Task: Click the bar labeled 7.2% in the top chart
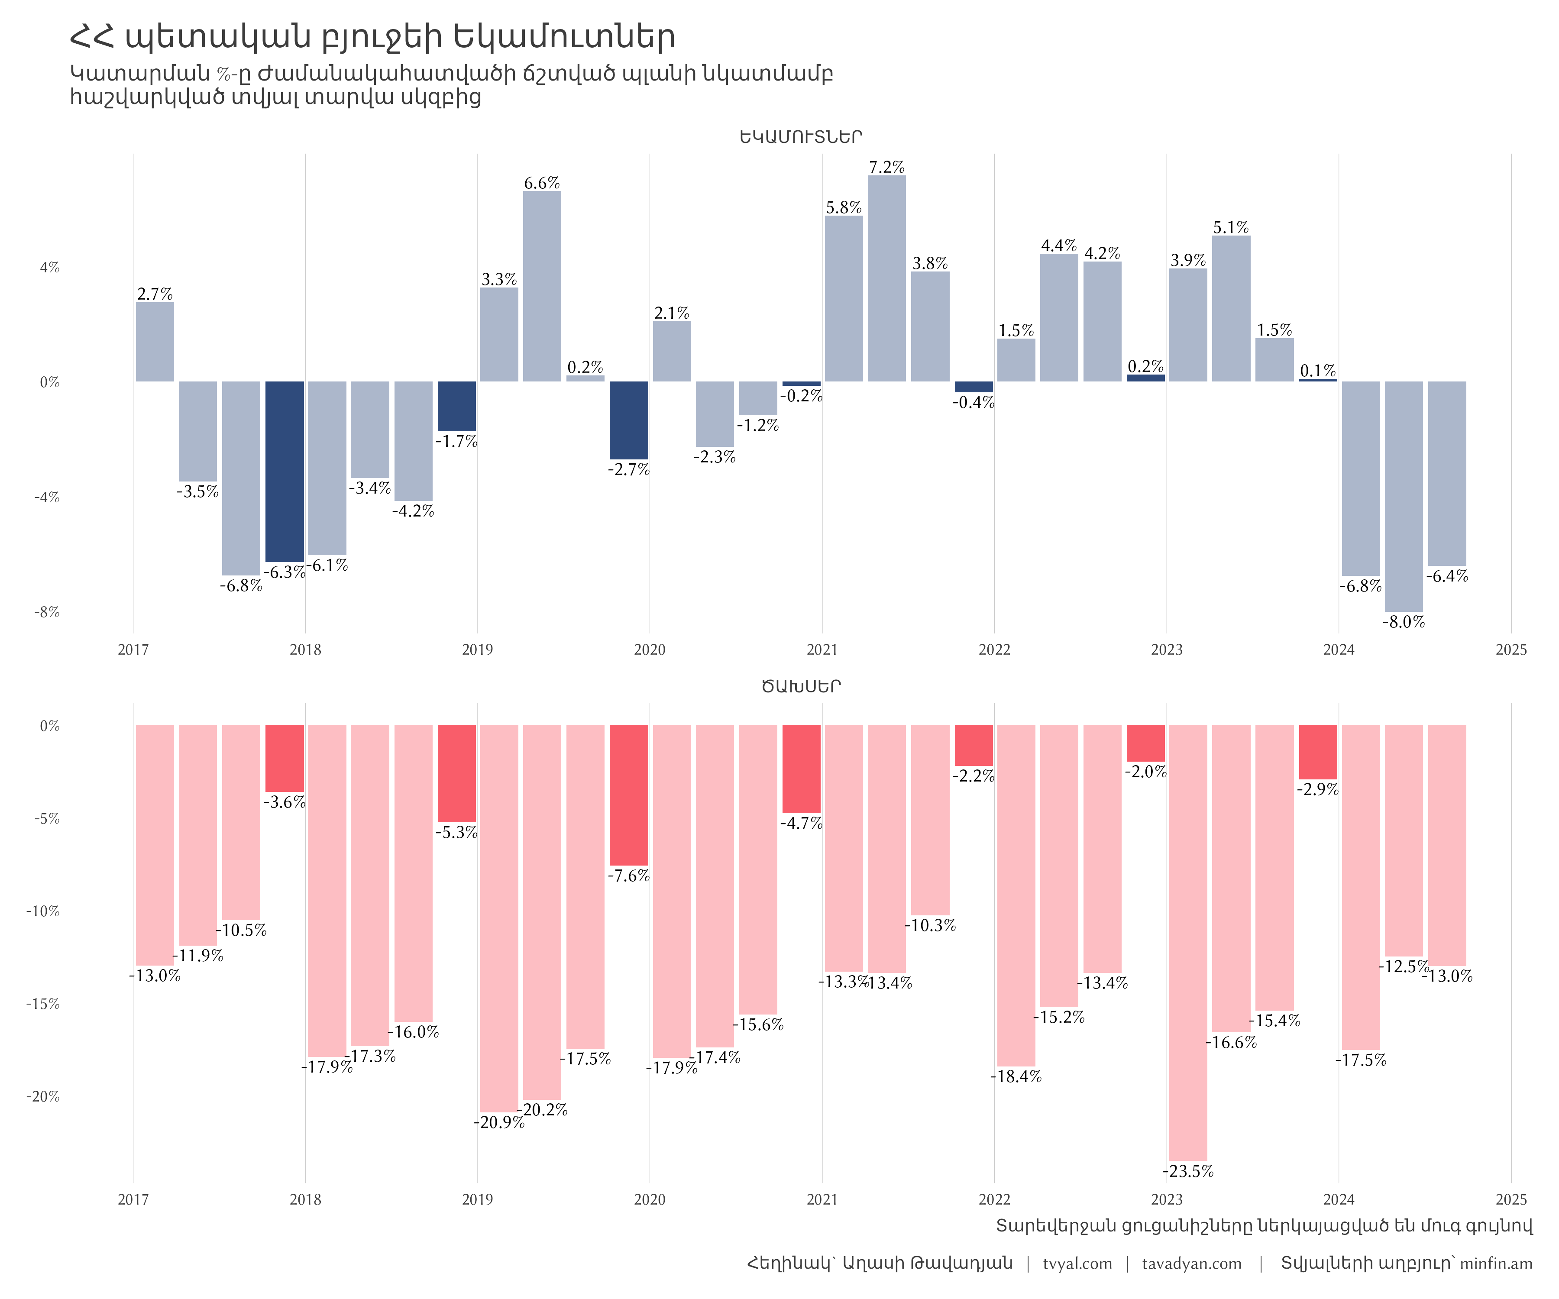point(886,278)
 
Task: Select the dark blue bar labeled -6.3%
point(285,472)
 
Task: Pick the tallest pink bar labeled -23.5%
point(1188,943)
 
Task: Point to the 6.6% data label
point(542,183)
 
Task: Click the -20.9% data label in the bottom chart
point(499,1122)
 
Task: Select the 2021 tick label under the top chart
point(822,650)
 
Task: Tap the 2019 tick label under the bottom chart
point(477,1199)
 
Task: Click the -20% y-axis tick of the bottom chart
point(43,1096)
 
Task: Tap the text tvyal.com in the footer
point(1077,1263)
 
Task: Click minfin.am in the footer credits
point(1496,1263)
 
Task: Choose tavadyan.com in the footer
point(1191,1263)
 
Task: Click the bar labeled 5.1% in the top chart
point(1231,309)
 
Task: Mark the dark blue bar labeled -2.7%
point(629,420)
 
